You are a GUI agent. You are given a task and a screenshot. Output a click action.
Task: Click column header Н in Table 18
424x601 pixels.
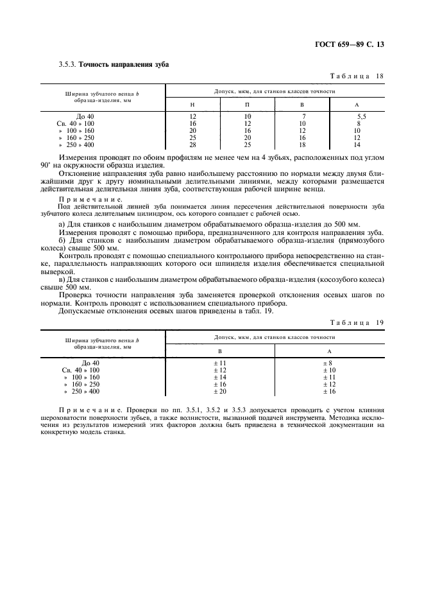[x=192, y=105]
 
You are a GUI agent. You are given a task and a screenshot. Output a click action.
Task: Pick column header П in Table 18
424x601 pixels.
[x=247, y=105]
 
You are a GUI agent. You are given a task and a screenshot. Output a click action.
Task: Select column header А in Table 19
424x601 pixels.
[x=329, y=351]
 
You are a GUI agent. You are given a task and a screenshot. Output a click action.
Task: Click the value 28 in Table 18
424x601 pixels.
[x=192, y=145]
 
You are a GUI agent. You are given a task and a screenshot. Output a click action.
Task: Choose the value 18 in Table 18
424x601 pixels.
[x=303, y=145]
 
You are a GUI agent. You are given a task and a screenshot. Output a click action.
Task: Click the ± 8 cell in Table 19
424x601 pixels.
[x=329, y=363]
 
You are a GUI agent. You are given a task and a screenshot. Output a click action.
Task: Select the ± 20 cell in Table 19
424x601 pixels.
[x=220, y=391]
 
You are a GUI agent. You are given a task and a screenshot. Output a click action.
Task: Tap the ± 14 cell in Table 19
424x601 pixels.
[x=220, y=378]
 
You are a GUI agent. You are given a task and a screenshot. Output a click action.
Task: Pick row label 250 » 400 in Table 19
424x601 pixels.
[x=81, y=391]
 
